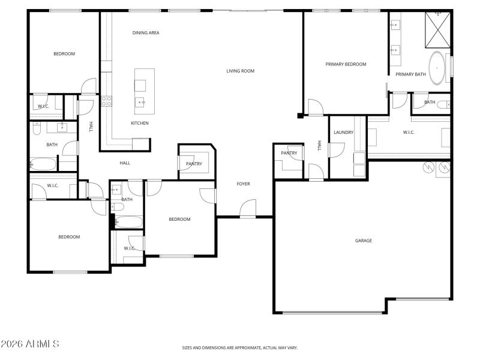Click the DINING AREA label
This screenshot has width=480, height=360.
tap(146, 33)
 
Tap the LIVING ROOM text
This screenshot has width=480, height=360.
tap(240, 71)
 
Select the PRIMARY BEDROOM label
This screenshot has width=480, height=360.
tap(346, 64)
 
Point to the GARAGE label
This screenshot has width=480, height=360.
tap(364, 241)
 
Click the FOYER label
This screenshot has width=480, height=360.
tap(243, 184)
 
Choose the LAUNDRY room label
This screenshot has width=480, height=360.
tap(344, 133)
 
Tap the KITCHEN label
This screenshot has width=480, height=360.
tap(140, 124)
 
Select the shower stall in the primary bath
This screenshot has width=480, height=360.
tap(437, 30)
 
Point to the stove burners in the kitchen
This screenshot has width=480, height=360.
tap(107, 101)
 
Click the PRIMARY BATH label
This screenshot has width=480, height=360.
tap(410, 74)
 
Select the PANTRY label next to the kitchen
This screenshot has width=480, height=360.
tap(194, 164)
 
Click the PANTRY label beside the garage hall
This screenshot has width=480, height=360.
tap(289, 153)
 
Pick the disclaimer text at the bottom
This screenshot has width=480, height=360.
tap(240, 347)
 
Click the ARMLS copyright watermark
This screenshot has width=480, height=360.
tap(30, 344)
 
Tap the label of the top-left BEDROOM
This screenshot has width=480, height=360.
tap(64, 54)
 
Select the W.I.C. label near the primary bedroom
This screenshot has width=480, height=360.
tap(409, 133)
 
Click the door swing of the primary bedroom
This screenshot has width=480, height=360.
tap(314, 107)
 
